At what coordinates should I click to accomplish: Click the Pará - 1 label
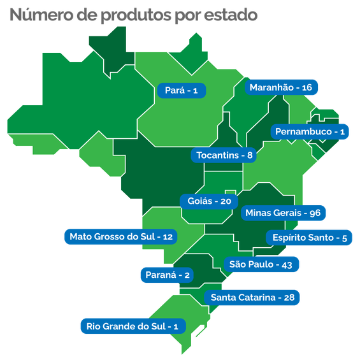tap(182, 90)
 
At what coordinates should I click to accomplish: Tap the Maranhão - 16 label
tap(280, 87)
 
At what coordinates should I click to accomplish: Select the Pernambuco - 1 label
tap(310, 132)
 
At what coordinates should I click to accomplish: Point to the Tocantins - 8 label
tap(225, 155)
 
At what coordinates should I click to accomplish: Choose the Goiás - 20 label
tap(209, 201)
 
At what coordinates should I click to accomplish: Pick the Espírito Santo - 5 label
tap(309, 238)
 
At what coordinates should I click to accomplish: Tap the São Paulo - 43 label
tap(260, 264)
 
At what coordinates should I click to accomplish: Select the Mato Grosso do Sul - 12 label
tap(121, 236)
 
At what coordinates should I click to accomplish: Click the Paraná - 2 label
tap(165, 275)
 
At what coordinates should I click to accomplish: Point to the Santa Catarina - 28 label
tap(252, 297)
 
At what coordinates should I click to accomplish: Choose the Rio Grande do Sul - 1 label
tap(132, 326)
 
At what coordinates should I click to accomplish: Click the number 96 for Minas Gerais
tap(314, 212)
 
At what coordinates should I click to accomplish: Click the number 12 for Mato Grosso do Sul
tap(168, 236)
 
